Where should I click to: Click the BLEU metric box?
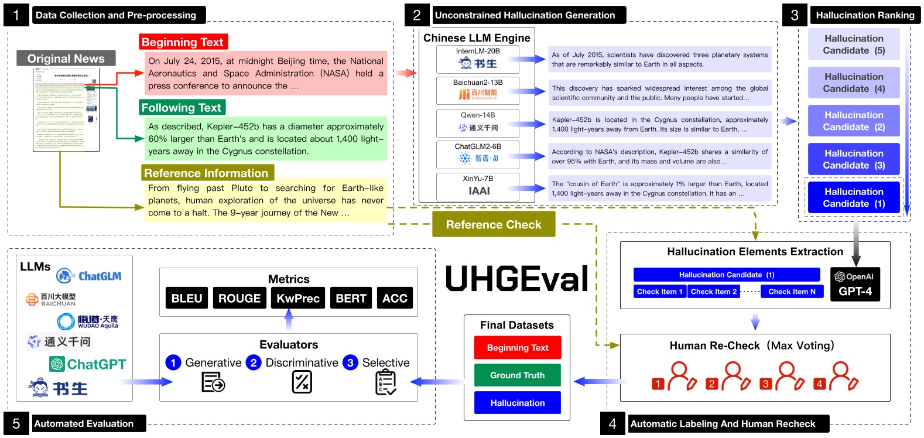(x=187, y=298)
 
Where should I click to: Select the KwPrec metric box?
(x=298, y=298)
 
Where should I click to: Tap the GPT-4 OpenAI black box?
(x=855, y=285)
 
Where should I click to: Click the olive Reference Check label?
(x=494, y=225)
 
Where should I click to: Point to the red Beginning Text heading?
(x=183, y=42)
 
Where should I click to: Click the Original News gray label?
(x=66, y=59)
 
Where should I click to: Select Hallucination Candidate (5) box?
(x=854, y=45)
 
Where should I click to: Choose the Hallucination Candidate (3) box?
(x=854, y=159)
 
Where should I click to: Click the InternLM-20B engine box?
(x=478, y=59)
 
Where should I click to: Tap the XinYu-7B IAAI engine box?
(x=478, y=186)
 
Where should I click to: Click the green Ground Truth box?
(x=517, y=375)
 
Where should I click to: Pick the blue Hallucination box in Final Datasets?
(x=517, y=403)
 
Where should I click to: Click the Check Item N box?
(x=792, y=292)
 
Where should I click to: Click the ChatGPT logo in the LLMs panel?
(x=88, y=364)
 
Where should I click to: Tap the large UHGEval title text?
(x=517, y=279)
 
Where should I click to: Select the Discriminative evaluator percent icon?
(x=302, y=382)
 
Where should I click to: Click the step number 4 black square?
(x=612, y=424)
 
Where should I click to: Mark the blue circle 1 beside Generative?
(x=173, y=362)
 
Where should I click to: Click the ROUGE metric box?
(x=239, y=298)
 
